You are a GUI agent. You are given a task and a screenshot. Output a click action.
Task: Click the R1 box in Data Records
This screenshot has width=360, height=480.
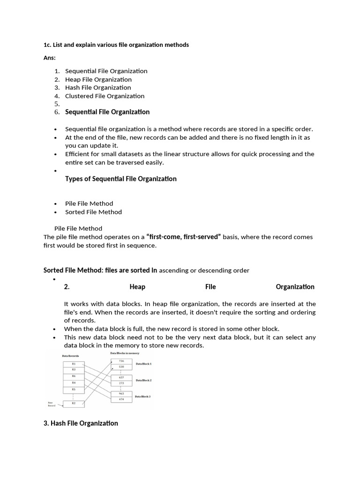click(x=73, y=363)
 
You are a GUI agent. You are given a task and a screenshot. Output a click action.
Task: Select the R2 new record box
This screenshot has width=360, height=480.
click(x=73, y=403)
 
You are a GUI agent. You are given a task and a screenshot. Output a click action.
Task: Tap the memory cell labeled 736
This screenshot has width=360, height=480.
click(x=121, y=361)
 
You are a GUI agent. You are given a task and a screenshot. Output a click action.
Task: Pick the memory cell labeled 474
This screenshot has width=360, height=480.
click(x=121, y=399)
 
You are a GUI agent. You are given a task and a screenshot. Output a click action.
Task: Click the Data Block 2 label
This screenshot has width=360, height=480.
click(x=143, y=380)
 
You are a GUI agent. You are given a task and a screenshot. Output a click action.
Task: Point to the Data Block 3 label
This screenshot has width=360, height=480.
click(x=143, y=397)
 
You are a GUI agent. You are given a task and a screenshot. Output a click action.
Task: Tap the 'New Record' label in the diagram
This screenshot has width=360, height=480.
click(x=52, y=404)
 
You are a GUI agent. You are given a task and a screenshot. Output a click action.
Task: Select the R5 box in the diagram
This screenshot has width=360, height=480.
click(x=73, y=389)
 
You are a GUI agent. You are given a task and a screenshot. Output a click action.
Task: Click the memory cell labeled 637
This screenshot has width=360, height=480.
click(x=121, y=377)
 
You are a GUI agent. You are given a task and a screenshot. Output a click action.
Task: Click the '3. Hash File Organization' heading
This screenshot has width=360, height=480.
click(x=81, y=423)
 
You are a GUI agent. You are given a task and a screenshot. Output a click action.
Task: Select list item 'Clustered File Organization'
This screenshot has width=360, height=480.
click(x=105, y=96)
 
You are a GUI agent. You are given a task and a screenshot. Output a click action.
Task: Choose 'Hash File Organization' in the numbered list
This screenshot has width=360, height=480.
click(x=98, y=88)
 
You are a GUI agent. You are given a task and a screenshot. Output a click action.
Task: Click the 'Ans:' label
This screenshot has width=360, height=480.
click(x=49, y=58)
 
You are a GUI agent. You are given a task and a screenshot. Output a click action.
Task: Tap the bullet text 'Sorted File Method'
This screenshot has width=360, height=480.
click(x=93, y=212)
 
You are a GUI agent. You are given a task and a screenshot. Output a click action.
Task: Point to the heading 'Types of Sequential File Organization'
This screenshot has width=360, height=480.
click(x=120, y=179)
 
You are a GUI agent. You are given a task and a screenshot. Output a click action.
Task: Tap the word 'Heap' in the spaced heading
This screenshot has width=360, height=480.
click(x=137, y=287)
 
